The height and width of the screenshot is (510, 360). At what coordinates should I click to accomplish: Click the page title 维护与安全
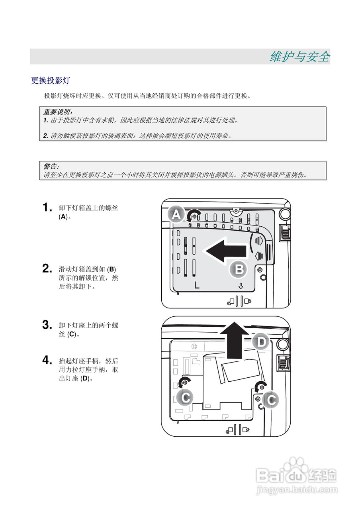point(299,57)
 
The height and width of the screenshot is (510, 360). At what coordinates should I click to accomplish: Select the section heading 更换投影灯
point(51,81)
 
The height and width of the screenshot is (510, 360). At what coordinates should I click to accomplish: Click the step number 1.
point(47,208)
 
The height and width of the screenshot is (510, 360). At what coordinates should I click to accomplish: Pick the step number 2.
point(47,269)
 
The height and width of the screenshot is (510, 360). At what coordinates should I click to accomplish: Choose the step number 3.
point(47,325)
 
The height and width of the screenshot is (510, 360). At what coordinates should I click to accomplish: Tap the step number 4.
point(47,361)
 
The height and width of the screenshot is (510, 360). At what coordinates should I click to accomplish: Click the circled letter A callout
point(176,215)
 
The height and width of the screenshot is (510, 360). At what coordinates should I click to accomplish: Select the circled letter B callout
point(239,270)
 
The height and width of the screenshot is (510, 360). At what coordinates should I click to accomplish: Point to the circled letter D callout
point(261,342)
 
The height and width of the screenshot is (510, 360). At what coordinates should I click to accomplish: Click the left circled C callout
point(186,397)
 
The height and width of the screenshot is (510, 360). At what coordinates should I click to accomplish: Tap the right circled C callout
point(271,400)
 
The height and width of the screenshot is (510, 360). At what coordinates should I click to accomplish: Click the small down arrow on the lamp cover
point(241,286)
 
